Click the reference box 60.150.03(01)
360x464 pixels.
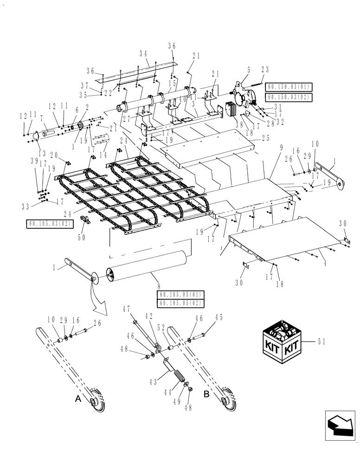pos(288,87)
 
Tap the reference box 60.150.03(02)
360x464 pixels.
pos(288,97)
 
